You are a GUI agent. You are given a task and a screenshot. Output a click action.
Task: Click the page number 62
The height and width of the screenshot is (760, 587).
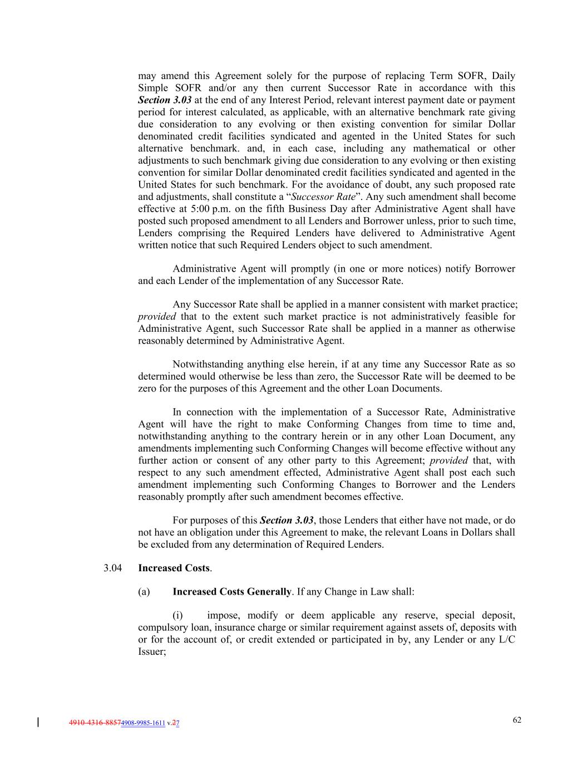click(517, 720)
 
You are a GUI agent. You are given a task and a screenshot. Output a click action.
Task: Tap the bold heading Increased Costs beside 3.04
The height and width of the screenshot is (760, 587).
click(174, 568)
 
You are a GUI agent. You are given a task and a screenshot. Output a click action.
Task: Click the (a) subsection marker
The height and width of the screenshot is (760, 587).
click(144, 592)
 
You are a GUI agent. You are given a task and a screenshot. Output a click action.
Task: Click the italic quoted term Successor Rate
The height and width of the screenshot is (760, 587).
click(323, 197)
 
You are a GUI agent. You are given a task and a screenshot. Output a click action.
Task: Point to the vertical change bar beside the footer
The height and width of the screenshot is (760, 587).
click(38, 723)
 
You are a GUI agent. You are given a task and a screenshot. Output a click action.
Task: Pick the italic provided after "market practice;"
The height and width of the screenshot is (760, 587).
click(156, 317)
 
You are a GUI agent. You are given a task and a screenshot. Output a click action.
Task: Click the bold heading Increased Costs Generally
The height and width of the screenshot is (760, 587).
click(231, 592)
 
